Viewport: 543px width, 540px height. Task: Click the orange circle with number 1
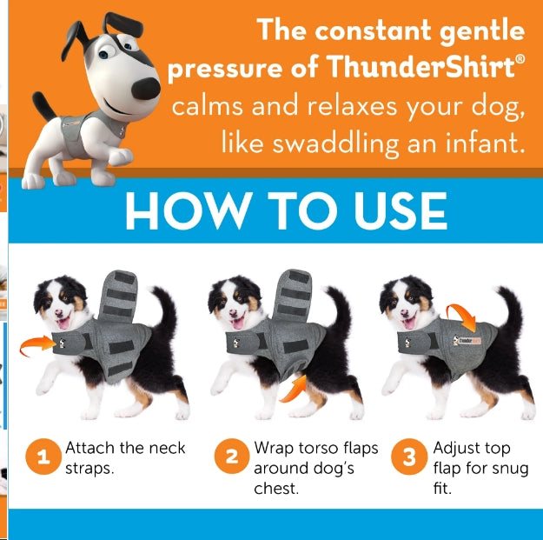pyautogui.click(x=43, y=458)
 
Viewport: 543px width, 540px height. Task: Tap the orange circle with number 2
pyautogui.click(x=232, y=458)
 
